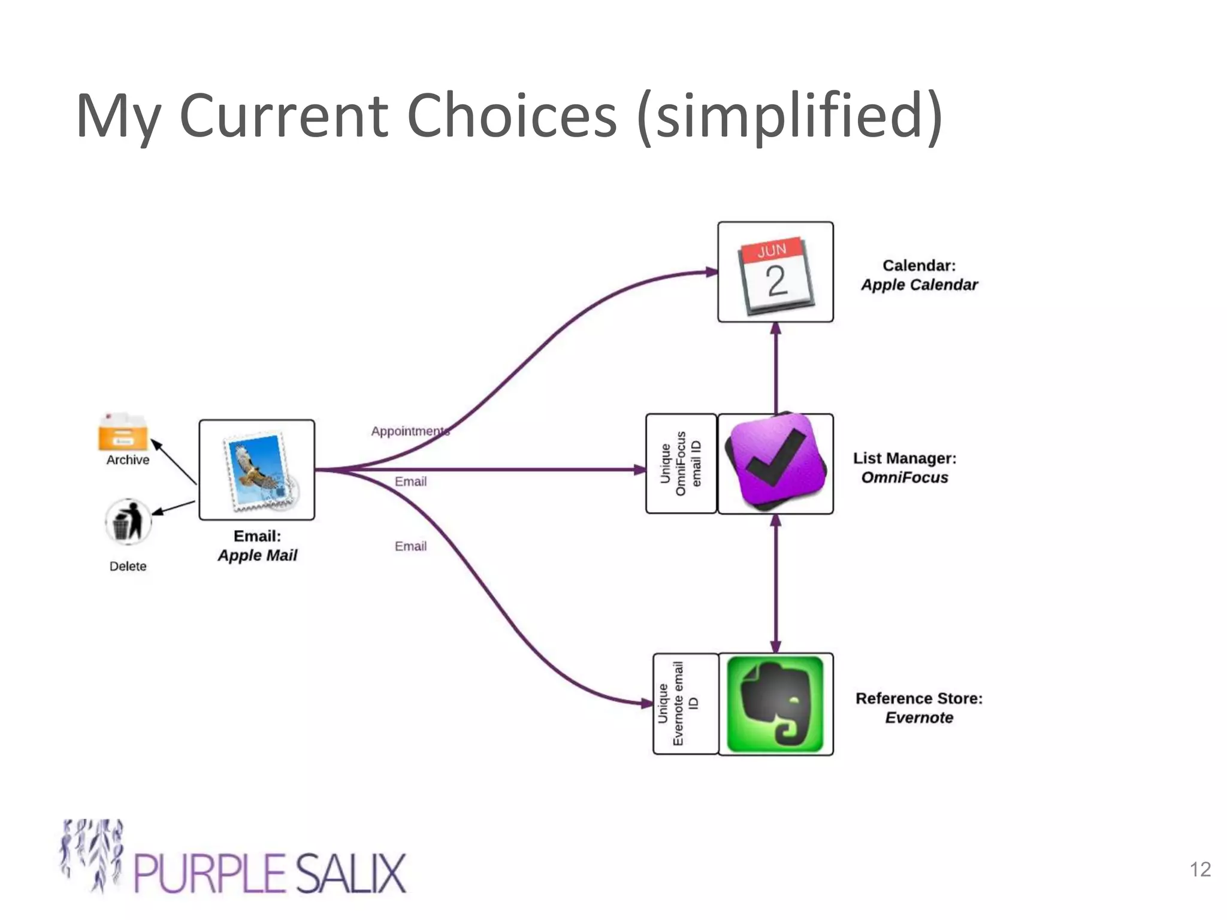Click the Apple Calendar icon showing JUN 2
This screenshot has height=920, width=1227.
775,273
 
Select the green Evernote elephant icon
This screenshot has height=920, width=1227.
775,704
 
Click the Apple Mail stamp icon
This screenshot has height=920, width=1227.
257,470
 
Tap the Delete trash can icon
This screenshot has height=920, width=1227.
128,521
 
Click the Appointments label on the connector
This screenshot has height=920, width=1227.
410,431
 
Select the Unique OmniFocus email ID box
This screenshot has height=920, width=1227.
681,464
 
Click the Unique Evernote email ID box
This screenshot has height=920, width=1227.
685,704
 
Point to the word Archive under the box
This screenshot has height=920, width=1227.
128,460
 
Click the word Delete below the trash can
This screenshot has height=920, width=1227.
128,566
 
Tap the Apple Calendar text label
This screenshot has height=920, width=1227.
919,285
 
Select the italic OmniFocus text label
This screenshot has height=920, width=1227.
905,478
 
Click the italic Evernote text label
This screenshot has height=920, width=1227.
919,718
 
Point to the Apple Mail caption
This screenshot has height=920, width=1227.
257,555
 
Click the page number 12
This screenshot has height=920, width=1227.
1200,869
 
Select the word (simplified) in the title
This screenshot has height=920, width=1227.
790,116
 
